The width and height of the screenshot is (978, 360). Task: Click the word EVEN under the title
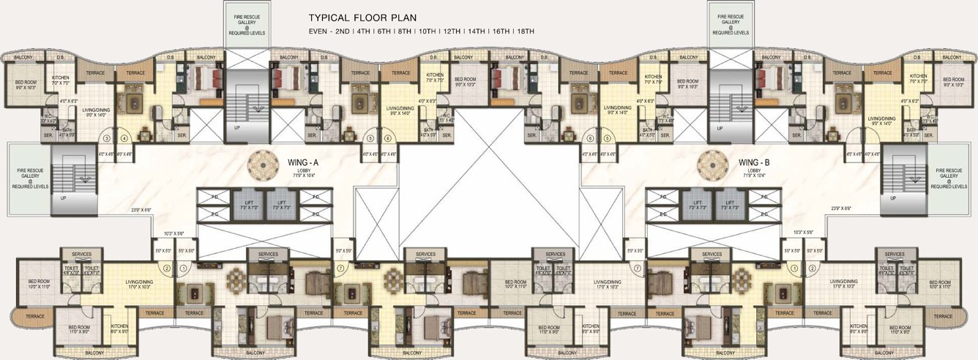pos(319,31)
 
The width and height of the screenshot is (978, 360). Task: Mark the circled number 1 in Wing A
pos(184,268)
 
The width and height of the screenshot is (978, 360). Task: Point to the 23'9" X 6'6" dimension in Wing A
pos(140,209)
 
